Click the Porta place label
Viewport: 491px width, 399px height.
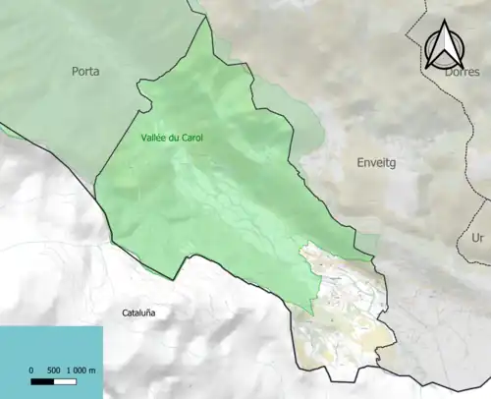(x=86, y=71)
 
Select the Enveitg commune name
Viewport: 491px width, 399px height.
(x=378, y=160)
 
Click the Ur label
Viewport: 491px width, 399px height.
(x=478, y=238)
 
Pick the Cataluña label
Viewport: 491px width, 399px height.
(x=139, y=313)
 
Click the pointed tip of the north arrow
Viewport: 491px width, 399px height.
(x=446, y=22)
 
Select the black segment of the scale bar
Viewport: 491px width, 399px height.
(x=42, y=380)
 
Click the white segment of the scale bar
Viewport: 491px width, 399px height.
(x=65, y=380)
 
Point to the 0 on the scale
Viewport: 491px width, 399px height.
(x=31, y=370)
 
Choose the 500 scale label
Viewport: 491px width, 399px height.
(x=54, y=370)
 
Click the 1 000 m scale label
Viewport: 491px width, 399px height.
(x=81, y=370)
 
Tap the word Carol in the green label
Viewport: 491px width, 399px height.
(x=191, y=138)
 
